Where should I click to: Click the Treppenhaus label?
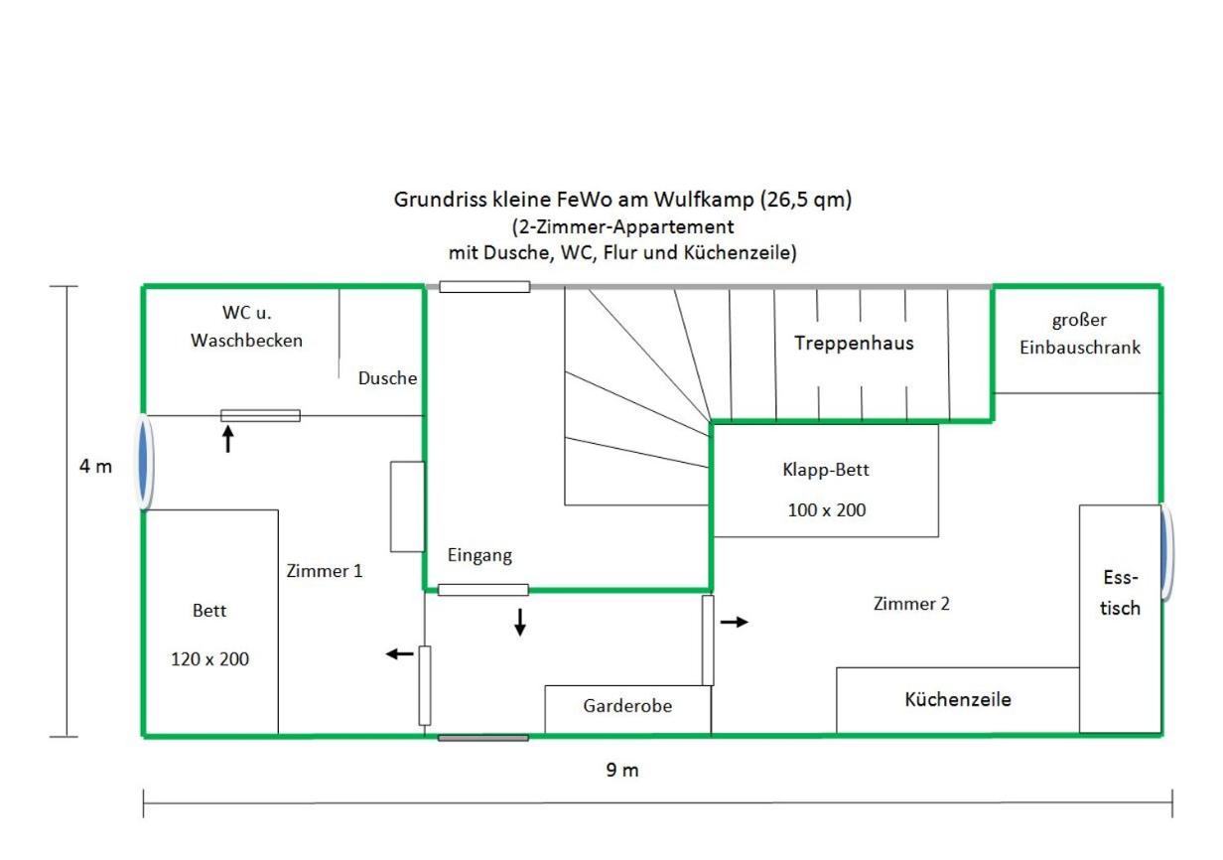tap(854, 344)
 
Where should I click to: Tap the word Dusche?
tap(387, 378)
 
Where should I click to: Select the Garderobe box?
tap(627, 710)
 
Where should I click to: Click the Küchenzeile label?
tap(958, 699)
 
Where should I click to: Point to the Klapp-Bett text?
tap(826, 470)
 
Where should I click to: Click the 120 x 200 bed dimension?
tap(209, 659)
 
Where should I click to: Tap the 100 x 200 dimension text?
tap(827, 510)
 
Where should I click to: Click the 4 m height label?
tap(95, 467)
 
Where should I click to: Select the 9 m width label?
tap(622, 771)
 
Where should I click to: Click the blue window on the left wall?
tap(144, 463)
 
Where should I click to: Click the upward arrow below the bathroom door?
tap(228, 439)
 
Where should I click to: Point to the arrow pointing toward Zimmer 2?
tap(735, 622)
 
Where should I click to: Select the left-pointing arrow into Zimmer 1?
tap(400, 653)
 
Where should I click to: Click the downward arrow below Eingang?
tap(520, 623)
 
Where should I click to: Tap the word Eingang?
tap(479, 555)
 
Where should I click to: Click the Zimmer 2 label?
tap(911, 604)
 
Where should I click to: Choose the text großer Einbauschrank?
tap(1080, 334)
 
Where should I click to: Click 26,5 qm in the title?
tap(806, 200)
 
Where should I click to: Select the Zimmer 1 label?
tap(325, 571)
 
